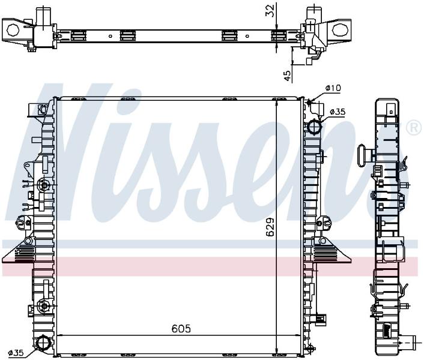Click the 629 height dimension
270,227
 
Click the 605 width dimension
181,328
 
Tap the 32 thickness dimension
270,11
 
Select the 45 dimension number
287,76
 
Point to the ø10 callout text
333,88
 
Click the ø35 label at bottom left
16,352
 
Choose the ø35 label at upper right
338,111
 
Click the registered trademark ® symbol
414,127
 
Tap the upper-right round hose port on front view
314,126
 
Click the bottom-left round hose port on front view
43,343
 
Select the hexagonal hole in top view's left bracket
13,30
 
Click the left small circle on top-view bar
110,36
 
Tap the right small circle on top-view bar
247,36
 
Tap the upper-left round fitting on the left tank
43,185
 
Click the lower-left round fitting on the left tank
43,305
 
